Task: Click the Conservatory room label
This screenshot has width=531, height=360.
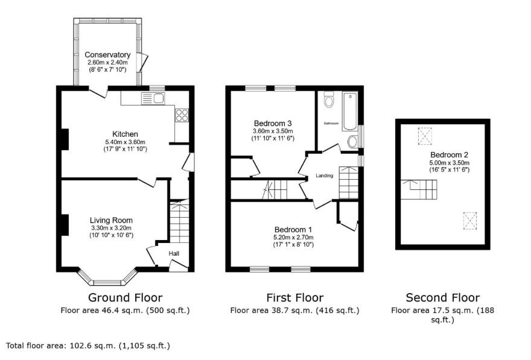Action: pyautogui.click(x=107, y=55)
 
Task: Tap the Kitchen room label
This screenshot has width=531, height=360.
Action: pyautogui.click(x=125, y=134)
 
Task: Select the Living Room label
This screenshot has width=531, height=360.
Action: pyautogui.click(x=111, y=220)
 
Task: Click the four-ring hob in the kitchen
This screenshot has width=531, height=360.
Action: pyautogui.click(x=182, y=115)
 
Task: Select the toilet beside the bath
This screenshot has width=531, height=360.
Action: pyautogui.click(x=329, y=99)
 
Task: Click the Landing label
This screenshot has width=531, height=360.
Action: pyautogui.click(x=325, y=176)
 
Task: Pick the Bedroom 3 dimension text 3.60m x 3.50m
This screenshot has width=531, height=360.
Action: pyautogui.click(x=273, y=131)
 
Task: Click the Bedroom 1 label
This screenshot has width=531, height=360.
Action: pyautogui.click(x=293, y=230)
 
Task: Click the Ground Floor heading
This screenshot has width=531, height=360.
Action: pyautogui.click(x=125, y=297)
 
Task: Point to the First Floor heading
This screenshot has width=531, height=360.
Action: pyautogui.click(x=294, y=297)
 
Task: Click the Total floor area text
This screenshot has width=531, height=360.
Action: pyautogui.click(x=88, y=346)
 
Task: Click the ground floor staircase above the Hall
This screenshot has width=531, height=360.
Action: pyautogui.click(x=179, y=221)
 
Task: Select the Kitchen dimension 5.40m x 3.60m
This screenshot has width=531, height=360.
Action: pyautogui.click(x=125, y=142)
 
